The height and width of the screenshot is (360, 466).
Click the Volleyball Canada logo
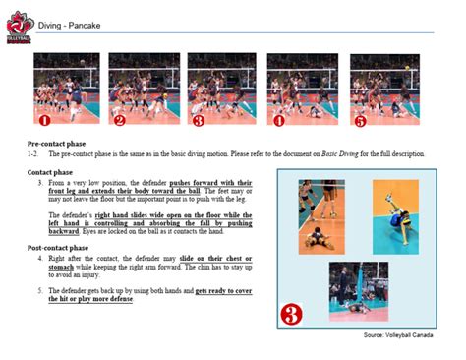coord(17,27)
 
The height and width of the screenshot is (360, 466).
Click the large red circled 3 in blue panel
coord(298,314)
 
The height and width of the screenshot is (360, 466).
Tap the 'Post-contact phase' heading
coord(61,249)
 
